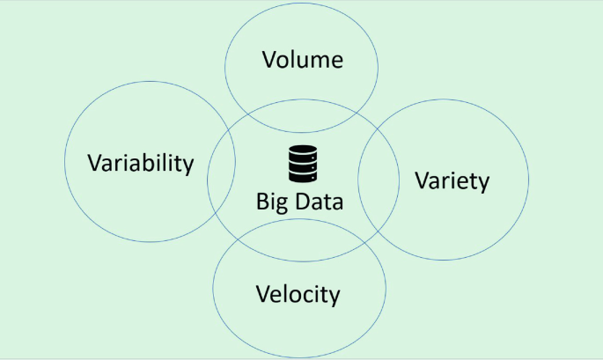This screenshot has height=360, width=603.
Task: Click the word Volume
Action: coord(302,60)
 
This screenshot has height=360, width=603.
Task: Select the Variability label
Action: coord(140,163)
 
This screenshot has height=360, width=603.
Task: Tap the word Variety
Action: coord(451,181)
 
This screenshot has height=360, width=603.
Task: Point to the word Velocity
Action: coord(298,293)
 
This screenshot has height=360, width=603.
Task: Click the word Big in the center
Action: coord(271,202)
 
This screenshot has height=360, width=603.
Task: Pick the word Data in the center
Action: coord(316,201)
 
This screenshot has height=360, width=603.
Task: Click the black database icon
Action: coord(301,163)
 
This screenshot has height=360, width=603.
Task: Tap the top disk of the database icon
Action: coord(301,151)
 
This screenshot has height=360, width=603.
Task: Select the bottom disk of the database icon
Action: coord(301,175)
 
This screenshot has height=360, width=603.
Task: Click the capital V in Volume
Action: coord(268,60)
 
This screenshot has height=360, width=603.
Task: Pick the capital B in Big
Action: coord(261,201)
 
